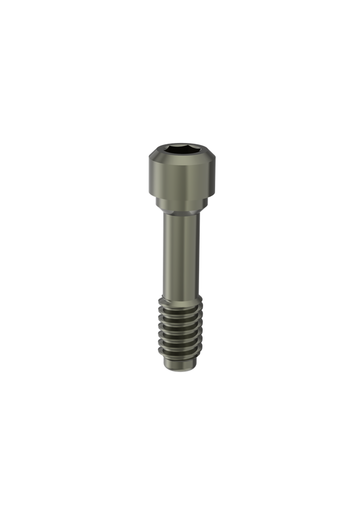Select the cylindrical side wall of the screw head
182,177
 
